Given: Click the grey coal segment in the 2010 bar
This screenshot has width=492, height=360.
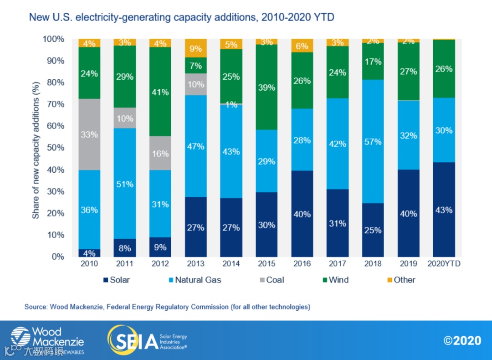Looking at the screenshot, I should click(x=89, y=134).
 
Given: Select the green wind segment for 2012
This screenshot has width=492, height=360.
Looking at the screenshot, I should click(x=160, y=92).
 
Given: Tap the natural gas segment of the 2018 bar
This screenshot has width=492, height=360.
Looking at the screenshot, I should click(x=373, y=141).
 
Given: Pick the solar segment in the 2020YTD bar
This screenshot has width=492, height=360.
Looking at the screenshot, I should click(x=443, y=210).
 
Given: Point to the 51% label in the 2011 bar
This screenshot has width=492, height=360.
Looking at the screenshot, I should click(x=124, y=184).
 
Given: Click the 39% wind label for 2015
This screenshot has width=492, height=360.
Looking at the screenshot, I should click(x=266, y=87).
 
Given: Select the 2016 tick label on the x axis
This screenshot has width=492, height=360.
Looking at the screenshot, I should click(x=302, y=264).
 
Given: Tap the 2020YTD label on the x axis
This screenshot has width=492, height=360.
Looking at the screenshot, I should click(x=443, y=264).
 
